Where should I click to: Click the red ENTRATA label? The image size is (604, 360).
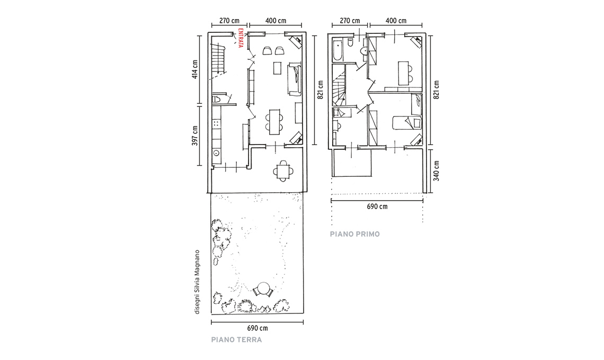pos(241,38)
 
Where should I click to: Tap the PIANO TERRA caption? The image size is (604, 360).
pos(236,339)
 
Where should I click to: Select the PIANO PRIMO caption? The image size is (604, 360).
pos(355,234)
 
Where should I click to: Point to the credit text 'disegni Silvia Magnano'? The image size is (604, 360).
pos(197,282)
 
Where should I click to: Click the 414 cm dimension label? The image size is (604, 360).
pos(195,70)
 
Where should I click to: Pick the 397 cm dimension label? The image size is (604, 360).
pos(195,136)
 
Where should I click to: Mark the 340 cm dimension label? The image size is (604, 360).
pos(436,171)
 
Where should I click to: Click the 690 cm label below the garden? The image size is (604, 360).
pos(257,328)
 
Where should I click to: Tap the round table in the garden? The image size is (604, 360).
pos(263,289)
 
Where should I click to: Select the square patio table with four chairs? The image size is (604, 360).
pos(283,171)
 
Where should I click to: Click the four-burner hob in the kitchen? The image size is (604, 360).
pos(216,124)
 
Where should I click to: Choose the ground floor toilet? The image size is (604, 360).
pos(216,99)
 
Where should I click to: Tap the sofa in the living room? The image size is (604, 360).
pos(295,79)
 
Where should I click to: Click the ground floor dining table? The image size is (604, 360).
pos(274,122)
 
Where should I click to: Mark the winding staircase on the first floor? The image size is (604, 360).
pos(339,85)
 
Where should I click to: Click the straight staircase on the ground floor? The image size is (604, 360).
pos(217,60)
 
